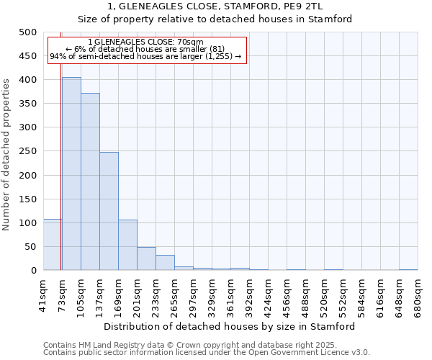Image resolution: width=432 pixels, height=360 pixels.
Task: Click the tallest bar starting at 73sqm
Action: tap(71, 174)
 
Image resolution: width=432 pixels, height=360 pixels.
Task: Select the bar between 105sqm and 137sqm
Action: tap(90, 181)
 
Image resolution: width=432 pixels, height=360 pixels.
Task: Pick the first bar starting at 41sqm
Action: tap(53, 245)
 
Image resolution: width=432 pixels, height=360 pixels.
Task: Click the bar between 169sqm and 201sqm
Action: tap(127, 245)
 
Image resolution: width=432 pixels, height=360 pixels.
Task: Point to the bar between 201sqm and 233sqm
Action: tap(146, 258)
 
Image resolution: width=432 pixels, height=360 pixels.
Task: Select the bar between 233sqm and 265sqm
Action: tap(165, 263)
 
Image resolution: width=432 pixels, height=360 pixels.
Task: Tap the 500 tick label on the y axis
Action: tap(27, 32)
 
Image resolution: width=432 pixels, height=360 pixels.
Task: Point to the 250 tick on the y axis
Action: tap(27, 151)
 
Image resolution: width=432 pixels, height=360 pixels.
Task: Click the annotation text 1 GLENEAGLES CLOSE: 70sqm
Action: tap(145, 42)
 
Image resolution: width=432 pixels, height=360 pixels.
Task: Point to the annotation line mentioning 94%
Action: tap(145, 56)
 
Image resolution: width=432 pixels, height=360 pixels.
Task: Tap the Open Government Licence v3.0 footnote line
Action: tap(207, 352)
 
